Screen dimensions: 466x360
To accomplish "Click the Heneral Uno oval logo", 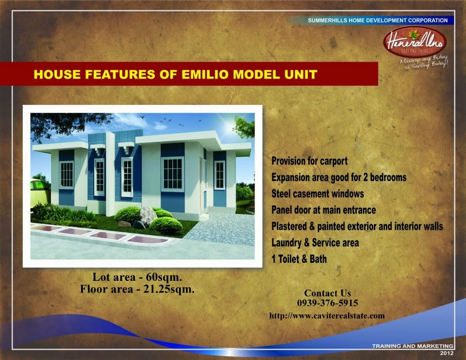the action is click(415, 42).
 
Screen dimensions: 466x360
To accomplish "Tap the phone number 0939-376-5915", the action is click(328, 303).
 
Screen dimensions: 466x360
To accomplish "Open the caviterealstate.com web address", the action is click(327, 315).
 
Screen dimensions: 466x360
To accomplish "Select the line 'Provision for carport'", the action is click(309, 161).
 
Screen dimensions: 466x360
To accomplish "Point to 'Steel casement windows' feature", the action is click(317, 194).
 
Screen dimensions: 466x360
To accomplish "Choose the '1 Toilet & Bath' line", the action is click(299, 259).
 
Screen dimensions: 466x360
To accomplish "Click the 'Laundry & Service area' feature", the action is click(315, 243).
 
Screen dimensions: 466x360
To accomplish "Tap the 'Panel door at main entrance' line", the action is click(324, 210).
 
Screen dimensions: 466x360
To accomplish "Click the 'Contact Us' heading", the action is click(328, 293).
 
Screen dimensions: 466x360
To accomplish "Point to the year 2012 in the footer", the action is click(447, 353).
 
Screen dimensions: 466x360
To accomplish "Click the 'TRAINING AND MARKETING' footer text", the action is click(413, 346).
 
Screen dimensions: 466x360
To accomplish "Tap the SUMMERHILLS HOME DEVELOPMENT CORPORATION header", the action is click(378, 20).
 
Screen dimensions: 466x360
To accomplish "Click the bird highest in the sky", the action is click(143, 117).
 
